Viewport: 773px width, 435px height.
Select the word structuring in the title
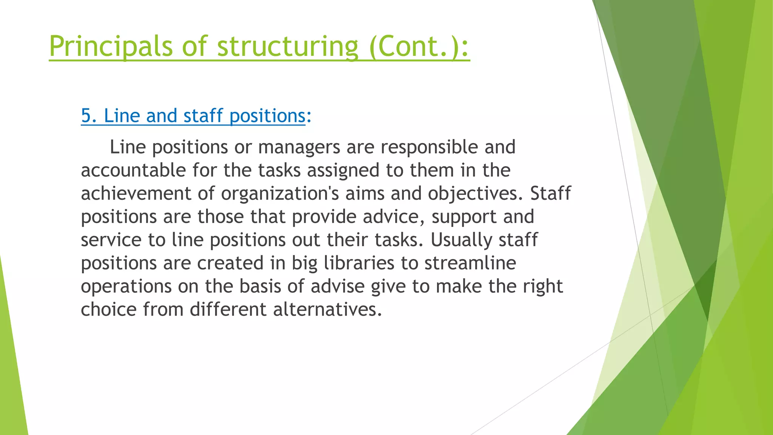click(288, 46)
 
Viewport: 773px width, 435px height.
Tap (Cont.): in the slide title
click(419, 46)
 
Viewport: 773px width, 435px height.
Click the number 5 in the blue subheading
click(86, 116)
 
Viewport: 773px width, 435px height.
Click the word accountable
click(133, 170)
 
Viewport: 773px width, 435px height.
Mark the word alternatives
click(327, 310)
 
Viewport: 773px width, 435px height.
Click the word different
click(228, 310)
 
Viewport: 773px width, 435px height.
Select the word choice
click(109, 310)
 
